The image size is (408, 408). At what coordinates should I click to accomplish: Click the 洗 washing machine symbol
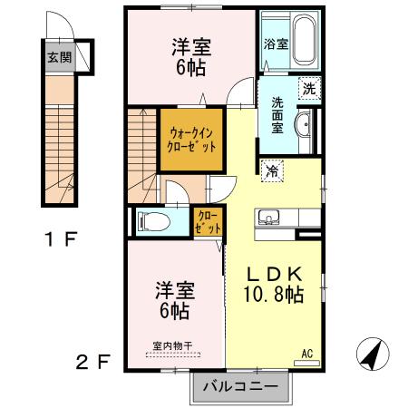(x=309, y=89)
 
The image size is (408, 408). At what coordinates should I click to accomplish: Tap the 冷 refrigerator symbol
(x=271, y=169)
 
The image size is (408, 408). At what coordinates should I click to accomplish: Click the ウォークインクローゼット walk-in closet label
(x=191, y=138)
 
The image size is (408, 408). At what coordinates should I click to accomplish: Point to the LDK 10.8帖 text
(x=276, y=284)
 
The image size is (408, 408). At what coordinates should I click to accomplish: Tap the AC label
(x=306, y=352)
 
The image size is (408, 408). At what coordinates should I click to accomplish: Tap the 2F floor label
(x=93, y=363)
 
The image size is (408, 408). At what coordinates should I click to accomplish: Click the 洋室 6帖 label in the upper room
(x=190, y=56)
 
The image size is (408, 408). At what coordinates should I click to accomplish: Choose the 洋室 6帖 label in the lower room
(x=175, y=300)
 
